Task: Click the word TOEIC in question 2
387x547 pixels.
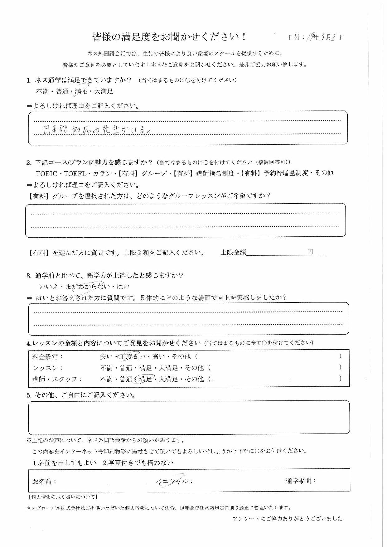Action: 47,173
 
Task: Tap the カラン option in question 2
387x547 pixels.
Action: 100,173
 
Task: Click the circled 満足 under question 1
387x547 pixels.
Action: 81,91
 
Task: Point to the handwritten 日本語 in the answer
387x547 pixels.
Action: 53,130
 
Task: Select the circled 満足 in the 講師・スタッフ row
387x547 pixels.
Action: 145,379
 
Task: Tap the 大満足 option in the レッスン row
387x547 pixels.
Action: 168,368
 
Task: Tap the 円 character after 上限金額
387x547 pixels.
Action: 310,252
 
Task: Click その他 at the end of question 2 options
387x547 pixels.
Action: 324,173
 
